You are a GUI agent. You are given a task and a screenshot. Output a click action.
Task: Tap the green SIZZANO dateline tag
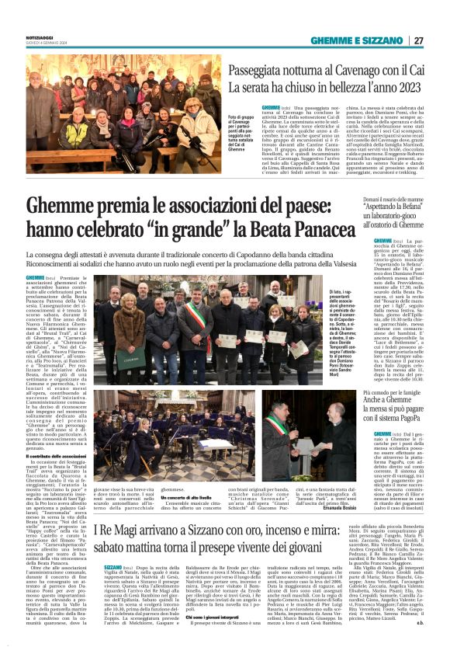(x=112, y=590)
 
